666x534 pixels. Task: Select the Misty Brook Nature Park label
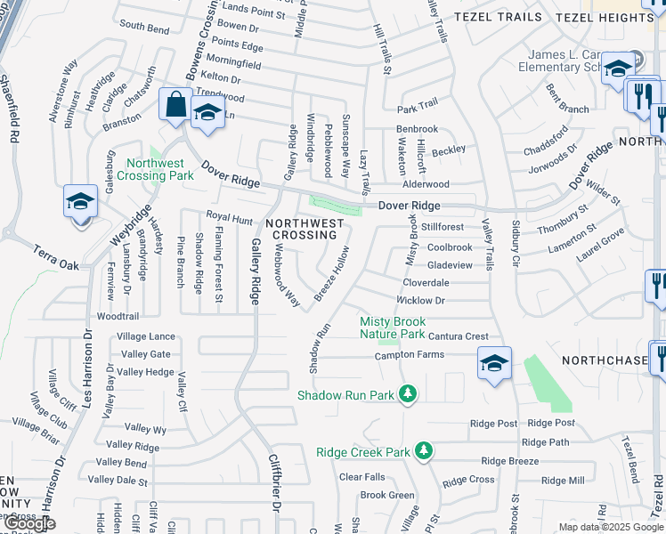pyautogui.click(x=393, y=328)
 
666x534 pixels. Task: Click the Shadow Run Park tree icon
pyautogui.click(x=408, y=393)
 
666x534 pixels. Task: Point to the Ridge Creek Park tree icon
pyautogui.click(x=425, y=451)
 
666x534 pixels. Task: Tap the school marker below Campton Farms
pyautogui.click(x=494, y=362)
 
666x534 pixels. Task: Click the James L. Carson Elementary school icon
pyautogui.click(x=617, y=68)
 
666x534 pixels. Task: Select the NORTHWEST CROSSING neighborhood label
pyautogui.click(x=304, y=229)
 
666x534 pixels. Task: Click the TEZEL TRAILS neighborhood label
pyautogui.click(x=498, y=17)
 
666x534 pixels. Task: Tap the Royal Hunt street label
pyautogui.click(x=230, y=216)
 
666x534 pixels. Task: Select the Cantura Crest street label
pyautogui.click(x=458, y=336)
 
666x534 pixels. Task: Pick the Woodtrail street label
pyautogui.click(x=118, y=316)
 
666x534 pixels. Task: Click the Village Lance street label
pyautogui.click(x=146, y=336)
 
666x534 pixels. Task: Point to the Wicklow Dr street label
pyautogui.click(x=423, y=301)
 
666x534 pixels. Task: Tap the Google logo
pyautogui.click(x=28, y=523)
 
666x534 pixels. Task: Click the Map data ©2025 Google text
pyautogui.click(x=611, y=527)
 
